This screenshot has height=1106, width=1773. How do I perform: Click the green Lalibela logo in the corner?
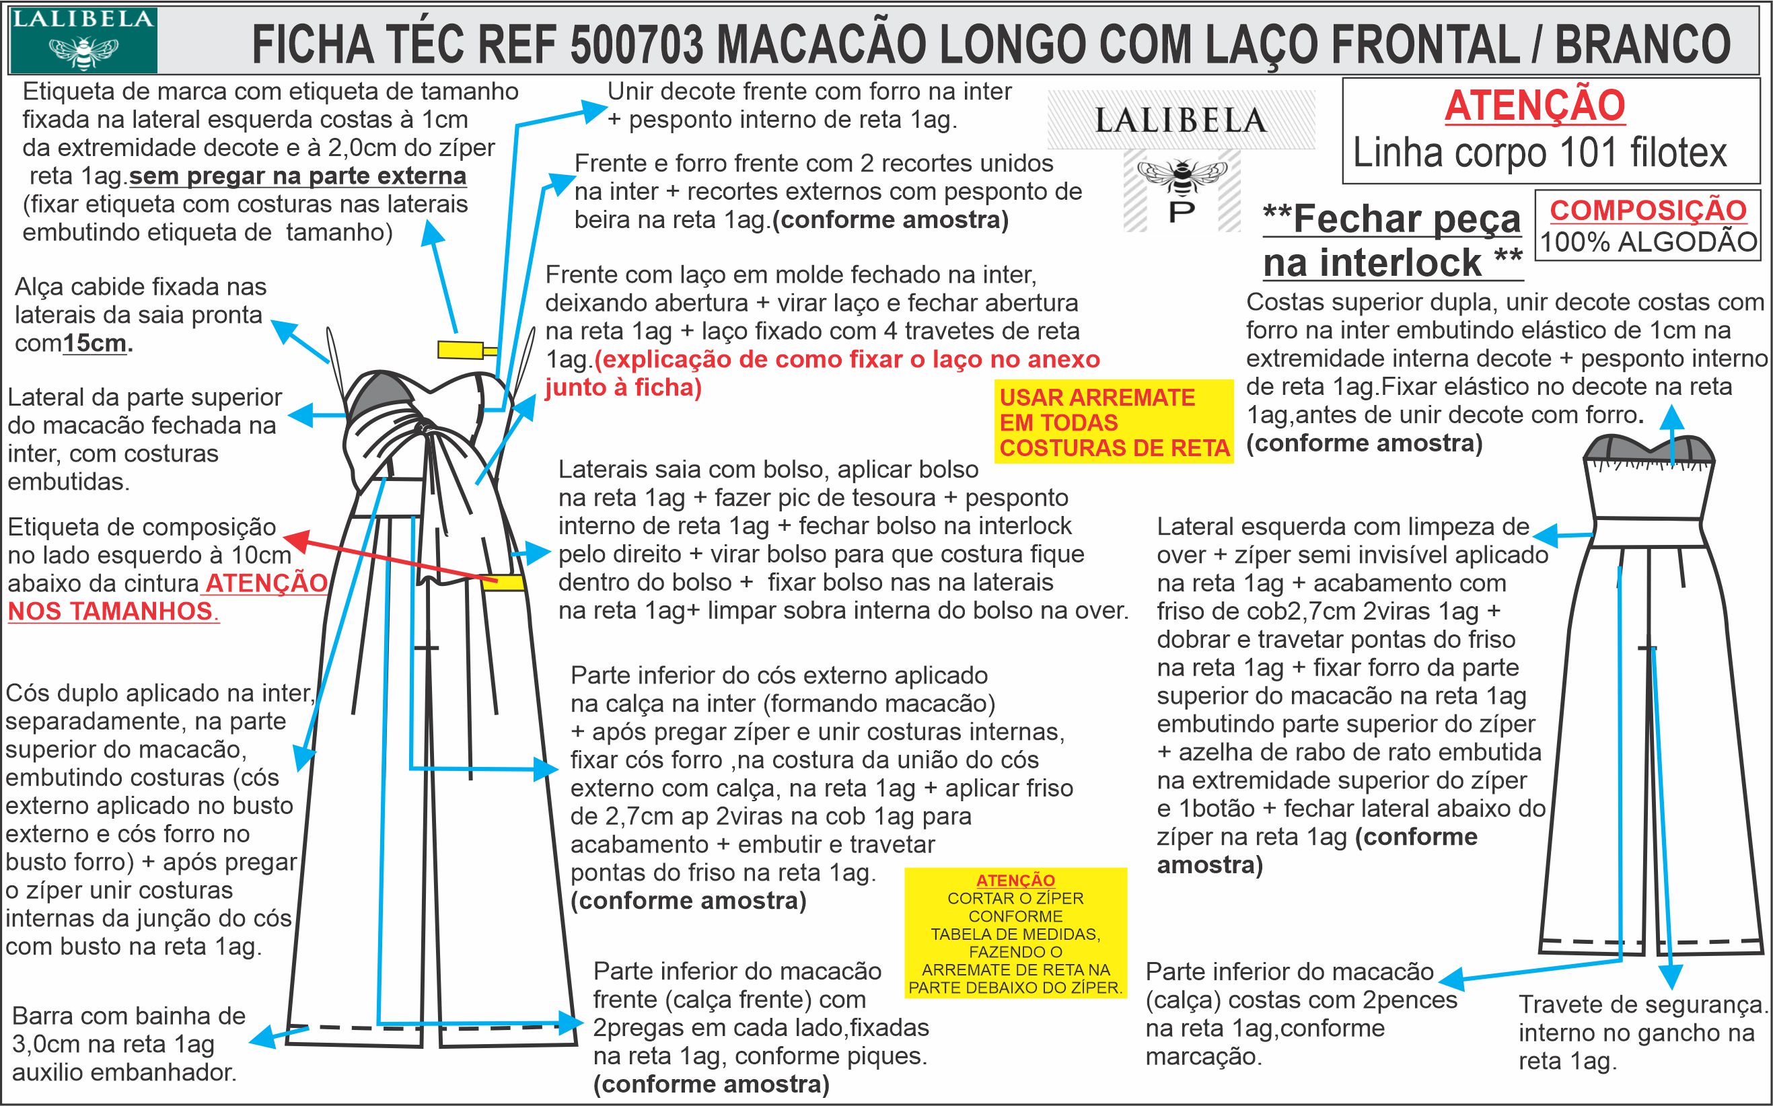click(x=83, y=40)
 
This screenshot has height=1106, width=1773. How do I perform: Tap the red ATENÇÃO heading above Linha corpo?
click(x=1535, y=106)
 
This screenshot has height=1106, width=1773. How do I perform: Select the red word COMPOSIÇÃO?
click(x=1648, y=211)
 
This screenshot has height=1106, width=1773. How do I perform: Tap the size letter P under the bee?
click(x=1182, y=211)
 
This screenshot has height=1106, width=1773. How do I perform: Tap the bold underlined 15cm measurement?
click(x=95, y=343)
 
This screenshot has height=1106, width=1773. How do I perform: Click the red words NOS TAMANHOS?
click(x=110, y=611)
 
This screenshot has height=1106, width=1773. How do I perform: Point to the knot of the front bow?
click(x=423, y=428)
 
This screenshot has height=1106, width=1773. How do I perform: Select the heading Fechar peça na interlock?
click(x=1392, y=241)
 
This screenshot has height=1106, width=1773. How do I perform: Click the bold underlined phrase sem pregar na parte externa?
click(x=297, y=176)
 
